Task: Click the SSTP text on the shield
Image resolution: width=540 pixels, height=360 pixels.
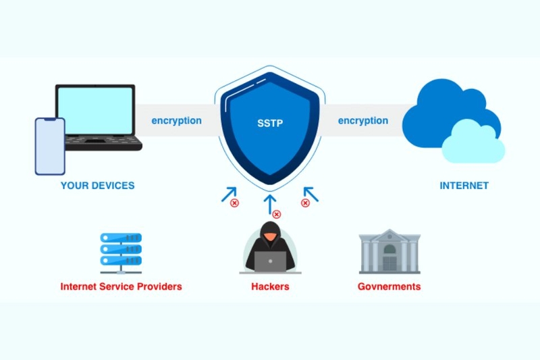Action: (269, 124)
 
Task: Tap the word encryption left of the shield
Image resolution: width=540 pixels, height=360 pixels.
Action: (176, 121)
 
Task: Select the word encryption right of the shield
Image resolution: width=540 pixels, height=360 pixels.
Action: (362, 121)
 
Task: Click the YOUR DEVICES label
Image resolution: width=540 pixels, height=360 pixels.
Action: (97, 186)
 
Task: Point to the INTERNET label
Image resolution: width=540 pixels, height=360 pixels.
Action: (464, 186)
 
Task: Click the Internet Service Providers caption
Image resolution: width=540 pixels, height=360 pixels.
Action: (121, 286)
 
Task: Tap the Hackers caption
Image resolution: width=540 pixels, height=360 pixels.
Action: (270, 286)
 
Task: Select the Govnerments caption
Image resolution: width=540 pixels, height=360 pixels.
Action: (389, 286)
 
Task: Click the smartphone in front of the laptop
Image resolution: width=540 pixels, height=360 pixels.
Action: (50, 147)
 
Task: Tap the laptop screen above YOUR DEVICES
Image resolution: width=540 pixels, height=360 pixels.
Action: (95, 110)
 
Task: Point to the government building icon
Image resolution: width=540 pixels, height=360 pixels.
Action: (389, 251)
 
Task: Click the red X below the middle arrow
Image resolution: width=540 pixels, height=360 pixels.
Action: (276, 214)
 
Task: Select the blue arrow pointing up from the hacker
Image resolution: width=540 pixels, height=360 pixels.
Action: (270, 202)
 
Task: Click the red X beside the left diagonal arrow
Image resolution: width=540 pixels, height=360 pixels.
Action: (234, 203)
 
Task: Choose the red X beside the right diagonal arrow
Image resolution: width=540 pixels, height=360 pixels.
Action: (305, 203)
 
